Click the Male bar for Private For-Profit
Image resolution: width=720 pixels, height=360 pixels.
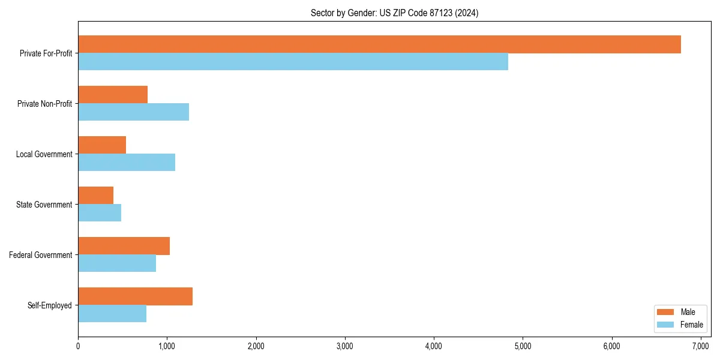[x=379, y=44]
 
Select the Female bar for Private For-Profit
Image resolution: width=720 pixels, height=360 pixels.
[x=293, y=62]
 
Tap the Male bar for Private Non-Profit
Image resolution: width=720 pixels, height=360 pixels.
[x=113, y=95]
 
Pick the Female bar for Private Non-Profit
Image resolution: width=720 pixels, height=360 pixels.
[x=133, y=112]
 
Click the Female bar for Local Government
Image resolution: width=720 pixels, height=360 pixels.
[x=127, y=163]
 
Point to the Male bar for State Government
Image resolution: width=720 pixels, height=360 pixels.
[x=95, y=196]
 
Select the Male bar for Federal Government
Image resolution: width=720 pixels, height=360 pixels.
[x=124, y=246]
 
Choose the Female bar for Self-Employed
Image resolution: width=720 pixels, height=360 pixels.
[x=112, y=314]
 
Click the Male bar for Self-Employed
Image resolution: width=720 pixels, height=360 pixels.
[x=135, y=296]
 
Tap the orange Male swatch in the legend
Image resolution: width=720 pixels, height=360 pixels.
[x=666, y=312]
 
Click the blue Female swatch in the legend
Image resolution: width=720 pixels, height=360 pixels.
[x=666, y=325]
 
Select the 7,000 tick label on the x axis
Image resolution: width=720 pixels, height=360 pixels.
[x=700, y=346]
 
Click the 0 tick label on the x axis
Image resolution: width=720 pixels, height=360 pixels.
[x=78, y=346]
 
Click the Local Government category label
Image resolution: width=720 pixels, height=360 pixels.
[x=44, y=154]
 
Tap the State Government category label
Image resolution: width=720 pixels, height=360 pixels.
[x=44, y=205]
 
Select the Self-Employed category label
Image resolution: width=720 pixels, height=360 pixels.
[x=49, y=305]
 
